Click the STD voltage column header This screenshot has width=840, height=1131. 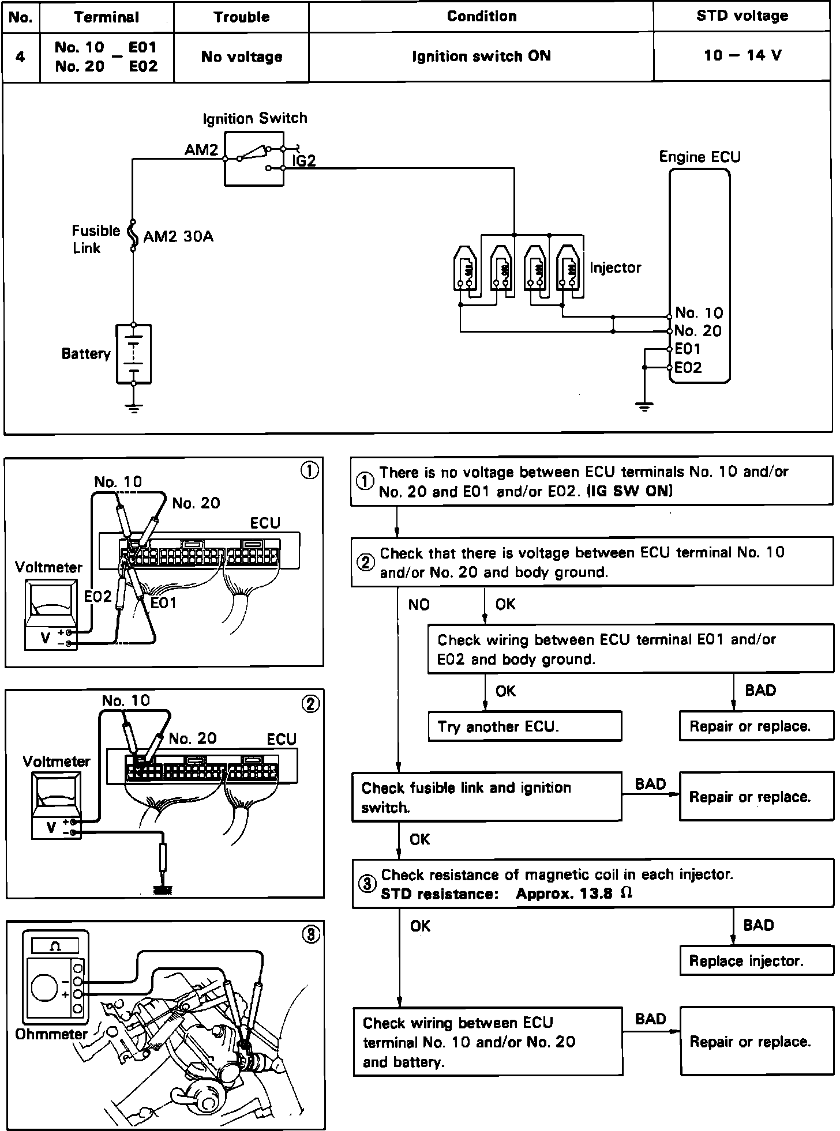pos(742,16)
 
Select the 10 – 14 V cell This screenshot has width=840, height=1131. pos(742,55)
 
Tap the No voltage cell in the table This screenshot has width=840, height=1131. pos(242,56)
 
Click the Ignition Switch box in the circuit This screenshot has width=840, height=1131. pos(254,159)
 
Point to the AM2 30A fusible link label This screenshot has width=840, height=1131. pos(178,236)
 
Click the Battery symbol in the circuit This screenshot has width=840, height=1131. pos(134,354)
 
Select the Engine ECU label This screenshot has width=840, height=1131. pos(700,157)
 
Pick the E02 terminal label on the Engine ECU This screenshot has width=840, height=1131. pos(688,367)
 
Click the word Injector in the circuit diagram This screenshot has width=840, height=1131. pos(615,267)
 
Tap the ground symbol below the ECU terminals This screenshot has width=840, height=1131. pos(644,406)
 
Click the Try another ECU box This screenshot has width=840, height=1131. pos(525,726)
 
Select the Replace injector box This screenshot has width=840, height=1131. pos(757,960)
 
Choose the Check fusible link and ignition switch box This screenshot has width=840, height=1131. pos(487,797)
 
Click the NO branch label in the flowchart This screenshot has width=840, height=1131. pos(419,604)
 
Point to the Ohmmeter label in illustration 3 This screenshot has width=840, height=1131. pos(51,1034)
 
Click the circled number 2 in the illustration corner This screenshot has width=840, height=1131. pos(311,704)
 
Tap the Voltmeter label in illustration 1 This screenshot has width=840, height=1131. pos(48,567)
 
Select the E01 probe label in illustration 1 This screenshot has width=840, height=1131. pos(163,602)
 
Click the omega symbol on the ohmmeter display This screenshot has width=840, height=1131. pos(55,946)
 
